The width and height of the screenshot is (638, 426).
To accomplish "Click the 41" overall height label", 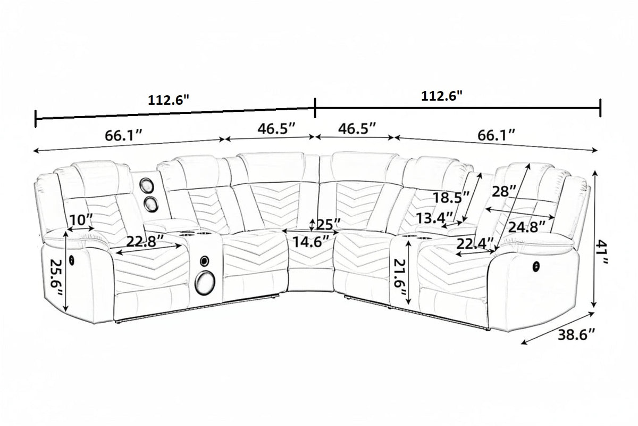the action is [x=602, y=253].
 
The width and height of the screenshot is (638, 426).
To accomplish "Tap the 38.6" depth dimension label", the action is [x=576, y=334].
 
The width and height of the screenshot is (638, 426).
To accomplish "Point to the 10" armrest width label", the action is [x=81, y=220].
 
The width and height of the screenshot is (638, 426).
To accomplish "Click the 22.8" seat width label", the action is [x=145, y=242].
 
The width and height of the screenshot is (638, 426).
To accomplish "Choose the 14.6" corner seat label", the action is [x=312, y=242].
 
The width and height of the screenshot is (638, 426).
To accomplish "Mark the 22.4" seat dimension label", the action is [x=475, y=243].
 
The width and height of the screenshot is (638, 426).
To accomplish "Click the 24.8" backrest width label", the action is [x=527, y=227].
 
